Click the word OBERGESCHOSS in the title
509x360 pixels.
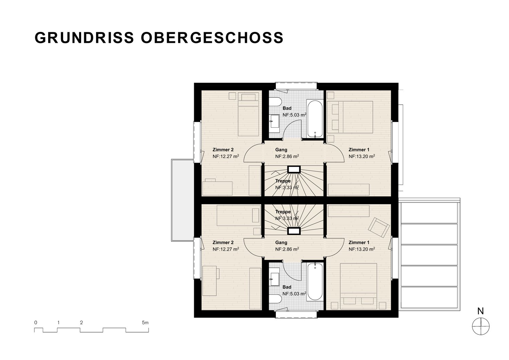[212, 37]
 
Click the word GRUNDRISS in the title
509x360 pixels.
[84, 37]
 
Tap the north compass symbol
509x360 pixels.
[480, 326]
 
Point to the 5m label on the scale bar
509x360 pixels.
[145, 323]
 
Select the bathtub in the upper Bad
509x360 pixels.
[315, 119]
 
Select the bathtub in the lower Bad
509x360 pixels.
[315, 282]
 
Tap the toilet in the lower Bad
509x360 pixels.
[275, 299]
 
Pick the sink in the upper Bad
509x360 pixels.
[275, 124]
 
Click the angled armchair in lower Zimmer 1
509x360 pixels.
[379, 228]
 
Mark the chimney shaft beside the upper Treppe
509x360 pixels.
[294, 169]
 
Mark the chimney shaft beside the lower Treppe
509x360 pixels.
[294, 231]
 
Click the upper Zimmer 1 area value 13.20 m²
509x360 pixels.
[362, 156]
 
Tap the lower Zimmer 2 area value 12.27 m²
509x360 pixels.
[226, 249]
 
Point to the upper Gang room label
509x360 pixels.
[281, 150]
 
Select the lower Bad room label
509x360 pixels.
[287, 287]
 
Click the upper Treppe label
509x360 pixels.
[283, 181]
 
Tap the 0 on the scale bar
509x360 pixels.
[36, 323]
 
